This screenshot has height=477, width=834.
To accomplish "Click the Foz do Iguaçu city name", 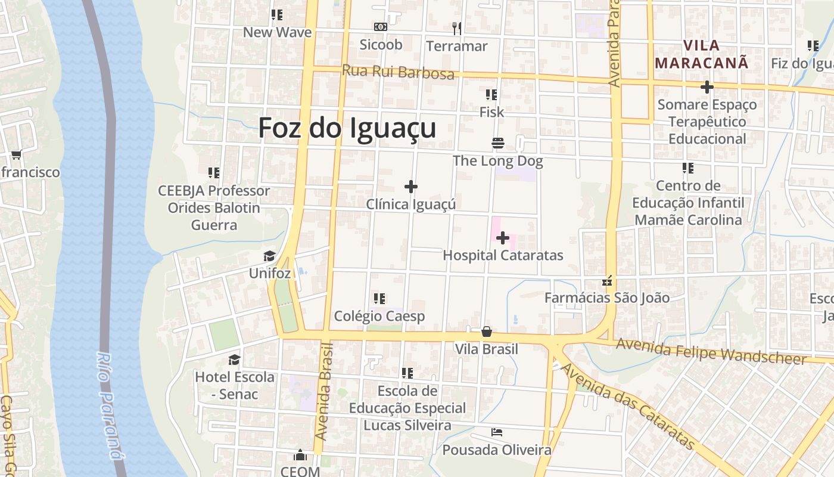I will tap(347, 128).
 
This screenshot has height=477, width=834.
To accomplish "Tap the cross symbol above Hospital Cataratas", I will tap(503, 238).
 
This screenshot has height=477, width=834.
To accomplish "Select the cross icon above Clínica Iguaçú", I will tap(411, 187).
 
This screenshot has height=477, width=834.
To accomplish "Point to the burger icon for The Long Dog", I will tap(498, 143).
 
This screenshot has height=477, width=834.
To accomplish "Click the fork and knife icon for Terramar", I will tap(457, 28).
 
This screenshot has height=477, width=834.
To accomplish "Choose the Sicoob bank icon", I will tap(381, 27).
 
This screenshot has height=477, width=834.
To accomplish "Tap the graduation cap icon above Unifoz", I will tap(270, 256).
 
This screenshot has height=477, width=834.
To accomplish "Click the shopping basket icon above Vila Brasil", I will tap(487, 332).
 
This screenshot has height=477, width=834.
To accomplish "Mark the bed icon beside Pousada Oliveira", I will tap(497, 432).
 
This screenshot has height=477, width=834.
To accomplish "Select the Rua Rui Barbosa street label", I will tap(398, 72).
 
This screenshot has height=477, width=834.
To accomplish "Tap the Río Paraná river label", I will tap(110, 405).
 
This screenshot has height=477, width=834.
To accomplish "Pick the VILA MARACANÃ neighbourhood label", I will tap(702, 54).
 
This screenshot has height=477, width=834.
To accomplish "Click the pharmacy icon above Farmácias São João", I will tap(608, 280).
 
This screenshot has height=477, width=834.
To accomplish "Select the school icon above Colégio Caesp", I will tap(379, 298).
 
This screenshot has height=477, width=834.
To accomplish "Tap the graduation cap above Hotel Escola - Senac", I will tap(235, 360).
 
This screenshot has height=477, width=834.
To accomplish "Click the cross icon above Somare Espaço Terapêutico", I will tap(707, 88).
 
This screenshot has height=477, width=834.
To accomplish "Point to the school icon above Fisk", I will tap(491, 95).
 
